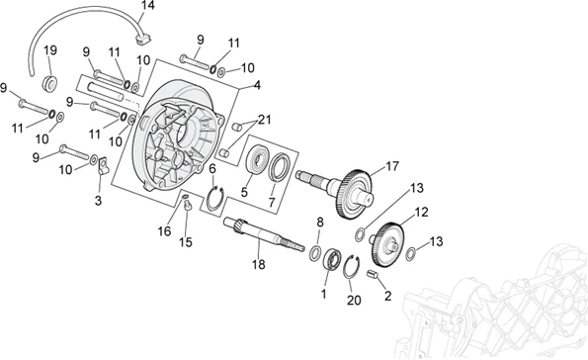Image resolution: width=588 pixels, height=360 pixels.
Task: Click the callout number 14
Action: click(147, 6)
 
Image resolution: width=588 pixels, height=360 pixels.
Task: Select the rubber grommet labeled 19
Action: click(49, 83)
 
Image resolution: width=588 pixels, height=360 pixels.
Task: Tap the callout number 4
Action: click(257, 85)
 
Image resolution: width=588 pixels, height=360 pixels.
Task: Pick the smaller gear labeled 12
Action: click(388, 244)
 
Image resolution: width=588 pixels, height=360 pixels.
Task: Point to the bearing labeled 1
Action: click(332, 258)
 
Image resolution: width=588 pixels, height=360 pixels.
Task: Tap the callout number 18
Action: click(258, 265)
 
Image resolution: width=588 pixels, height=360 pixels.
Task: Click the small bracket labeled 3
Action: click(103, 166)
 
